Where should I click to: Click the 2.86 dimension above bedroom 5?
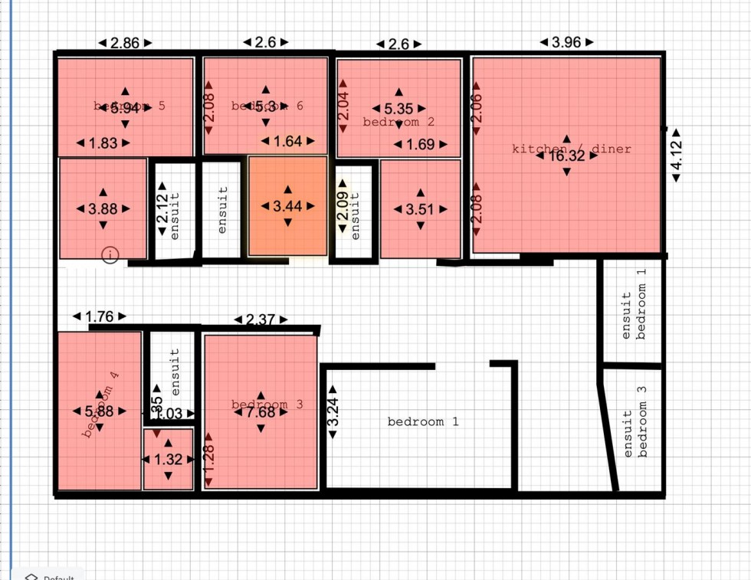pyautogui.click(x=125, y=43)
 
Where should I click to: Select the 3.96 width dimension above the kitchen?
pyautogui.click(x=566, y=42)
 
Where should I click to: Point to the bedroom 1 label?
pyautogui.click(x=422, y=421)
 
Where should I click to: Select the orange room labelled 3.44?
pyautogui.click(x=287, y=206)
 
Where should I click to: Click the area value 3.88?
pyautogui.click(x=103, y=208)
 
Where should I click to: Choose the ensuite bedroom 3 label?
pyautogui.click(x=635, y=422)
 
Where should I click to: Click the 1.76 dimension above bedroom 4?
pyautogui.click(x=100, y=316)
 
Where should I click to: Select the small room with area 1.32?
pyautogui.click(x=168, y=460)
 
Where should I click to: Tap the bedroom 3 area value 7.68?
pyautogui.click(x=261, y=412)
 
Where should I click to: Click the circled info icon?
pyautogui.click(x=110, y=254)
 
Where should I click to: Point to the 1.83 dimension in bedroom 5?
pyautogui.click(x=103, y=143)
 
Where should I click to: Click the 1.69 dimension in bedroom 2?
pyautogui.click(x=420, y=144)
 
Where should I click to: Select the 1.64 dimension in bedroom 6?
pyautogui.click(x=287, y=141)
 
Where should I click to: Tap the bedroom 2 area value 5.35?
pyautogui.click(x=398, y=110)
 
